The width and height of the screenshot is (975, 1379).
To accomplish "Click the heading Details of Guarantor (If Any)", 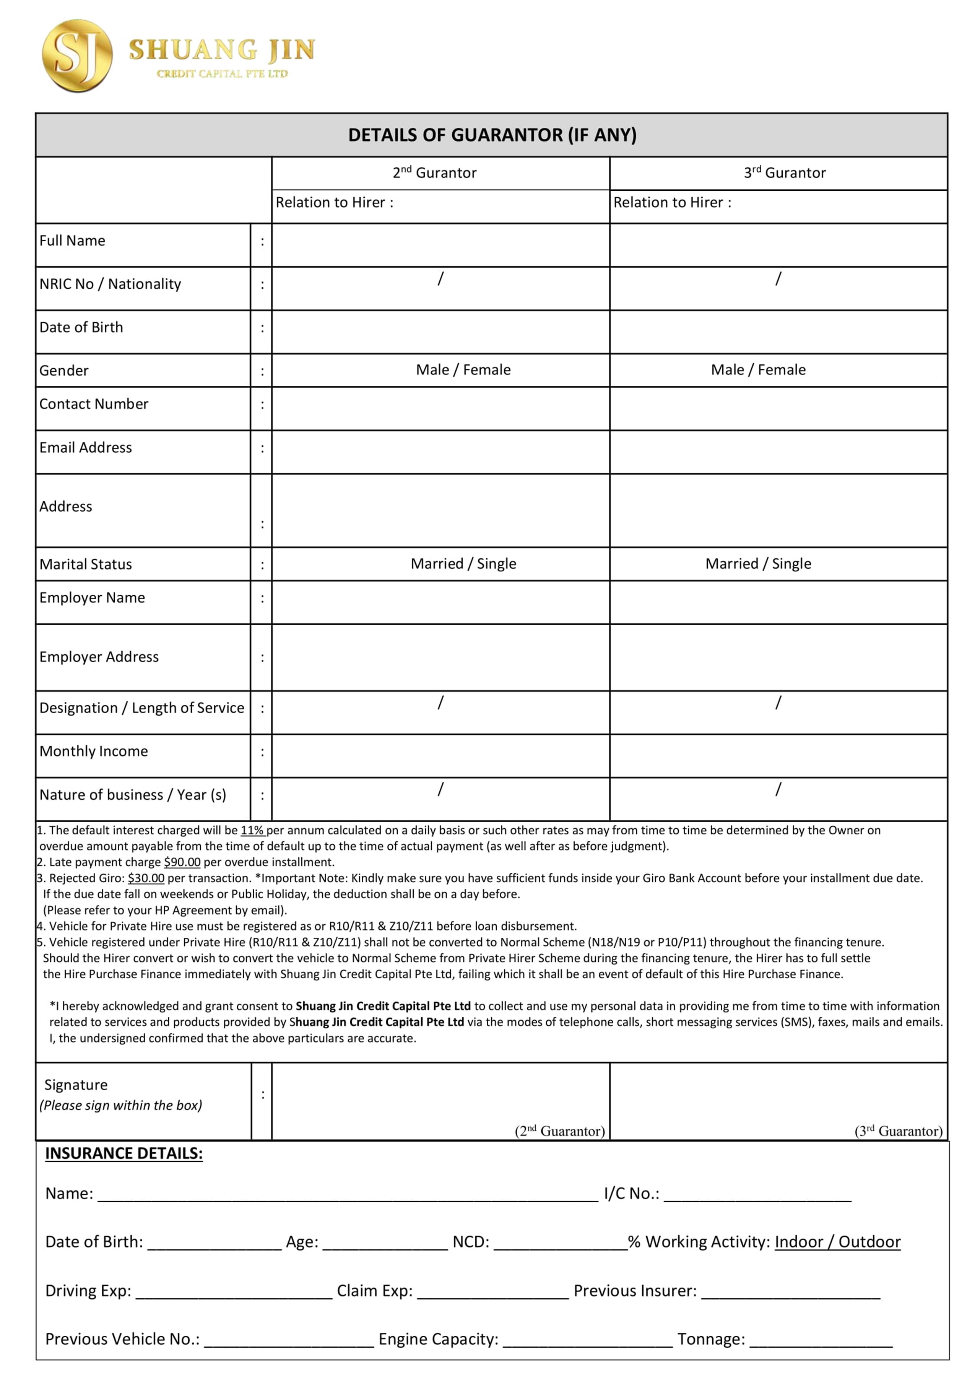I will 492,135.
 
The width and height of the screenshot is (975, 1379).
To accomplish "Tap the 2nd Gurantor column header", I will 435,173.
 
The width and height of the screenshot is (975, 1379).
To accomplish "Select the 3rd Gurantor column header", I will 785,173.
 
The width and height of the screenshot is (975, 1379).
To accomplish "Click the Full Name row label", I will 73,241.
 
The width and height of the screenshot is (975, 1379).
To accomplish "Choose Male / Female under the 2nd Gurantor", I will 463,370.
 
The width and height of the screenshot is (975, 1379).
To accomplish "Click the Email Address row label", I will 86,447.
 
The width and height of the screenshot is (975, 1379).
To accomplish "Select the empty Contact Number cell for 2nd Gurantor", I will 441,408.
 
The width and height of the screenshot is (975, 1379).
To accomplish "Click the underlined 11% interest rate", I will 252,831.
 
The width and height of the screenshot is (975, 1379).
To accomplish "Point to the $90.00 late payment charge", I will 182,862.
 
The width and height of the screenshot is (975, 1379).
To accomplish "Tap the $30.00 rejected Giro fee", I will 146,878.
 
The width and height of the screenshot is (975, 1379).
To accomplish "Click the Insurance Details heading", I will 123,1154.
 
